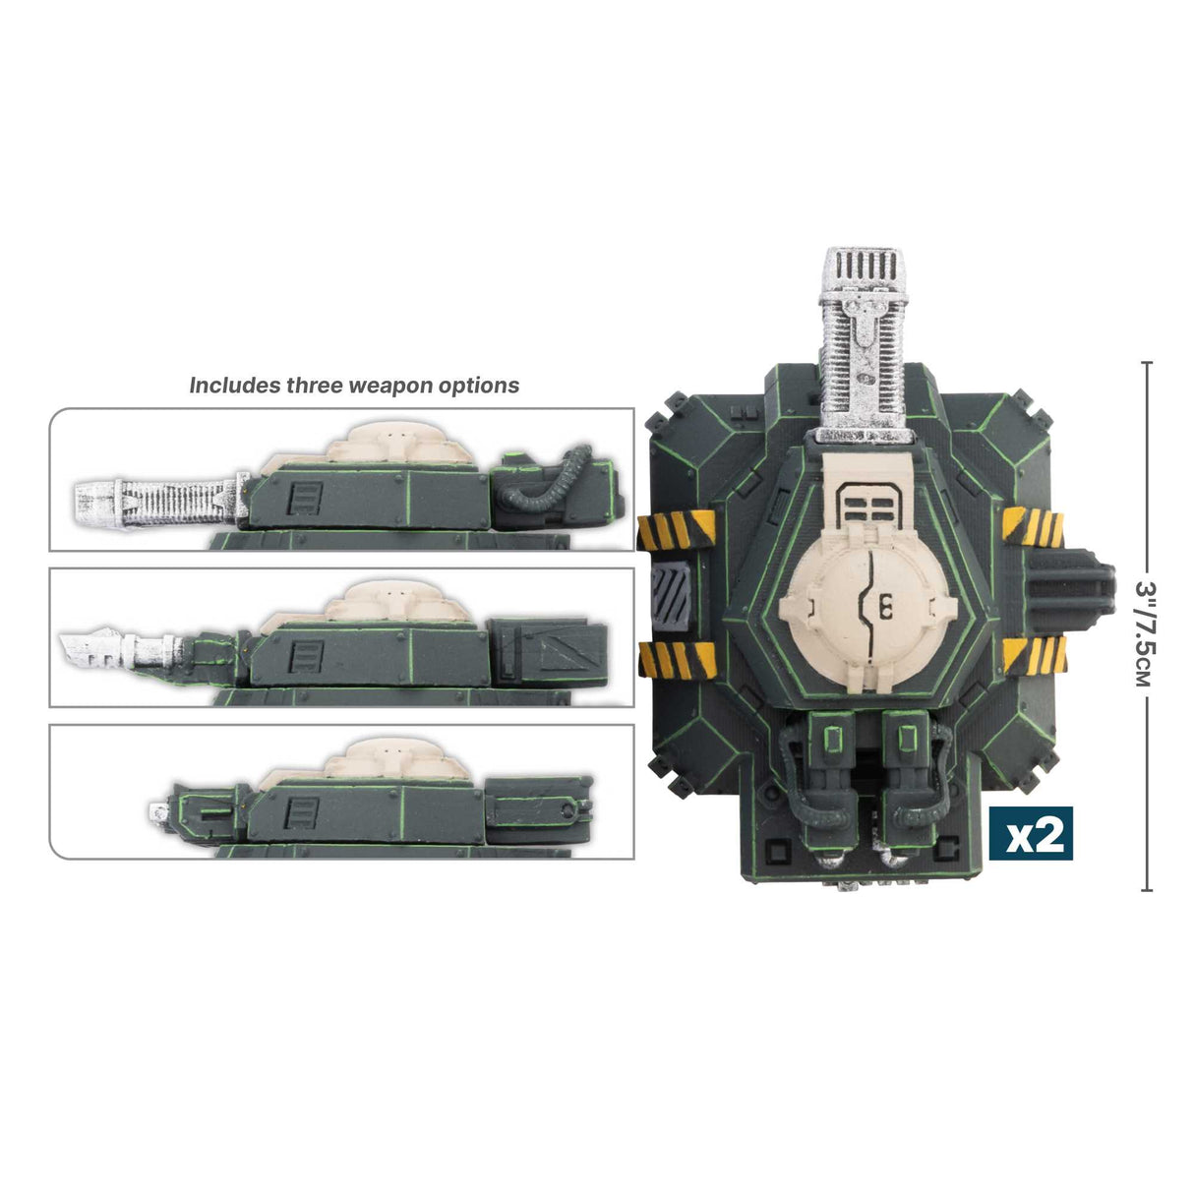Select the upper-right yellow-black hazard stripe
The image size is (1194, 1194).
(x=1035, y=529)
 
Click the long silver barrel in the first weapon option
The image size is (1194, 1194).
(x=157, y=500)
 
